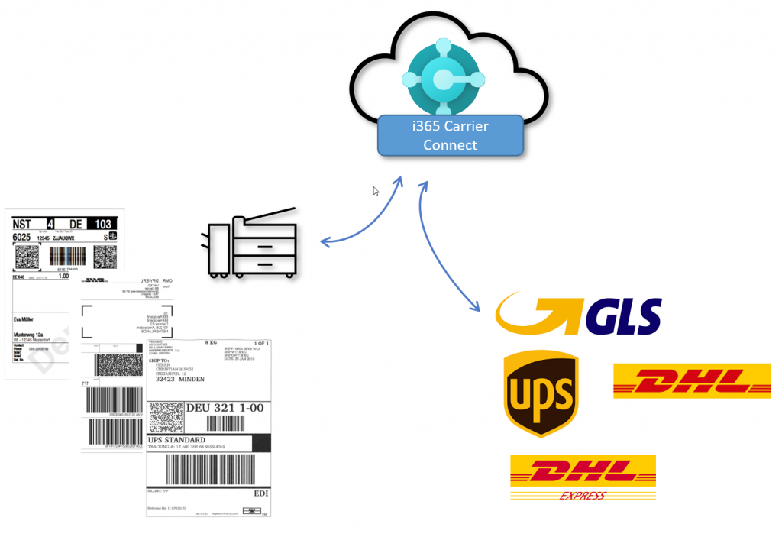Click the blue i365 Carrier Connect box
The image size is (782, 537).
tap(450, 135)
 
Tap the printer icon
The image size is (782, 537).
tap(251, 242)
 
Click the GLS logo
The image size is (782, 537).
tap(578, 312)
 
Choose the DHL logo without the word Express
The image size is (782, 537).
tap(692, 380)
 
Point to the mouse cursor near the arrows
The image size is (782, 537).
tap(376, 191)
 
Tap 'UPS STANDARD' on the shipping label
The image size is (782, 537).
tap(178, 440)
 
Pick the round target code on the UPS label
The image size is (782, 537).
tap(162, 416)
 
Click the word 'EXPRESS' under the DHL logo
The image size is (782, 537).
tap(582, 495)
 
